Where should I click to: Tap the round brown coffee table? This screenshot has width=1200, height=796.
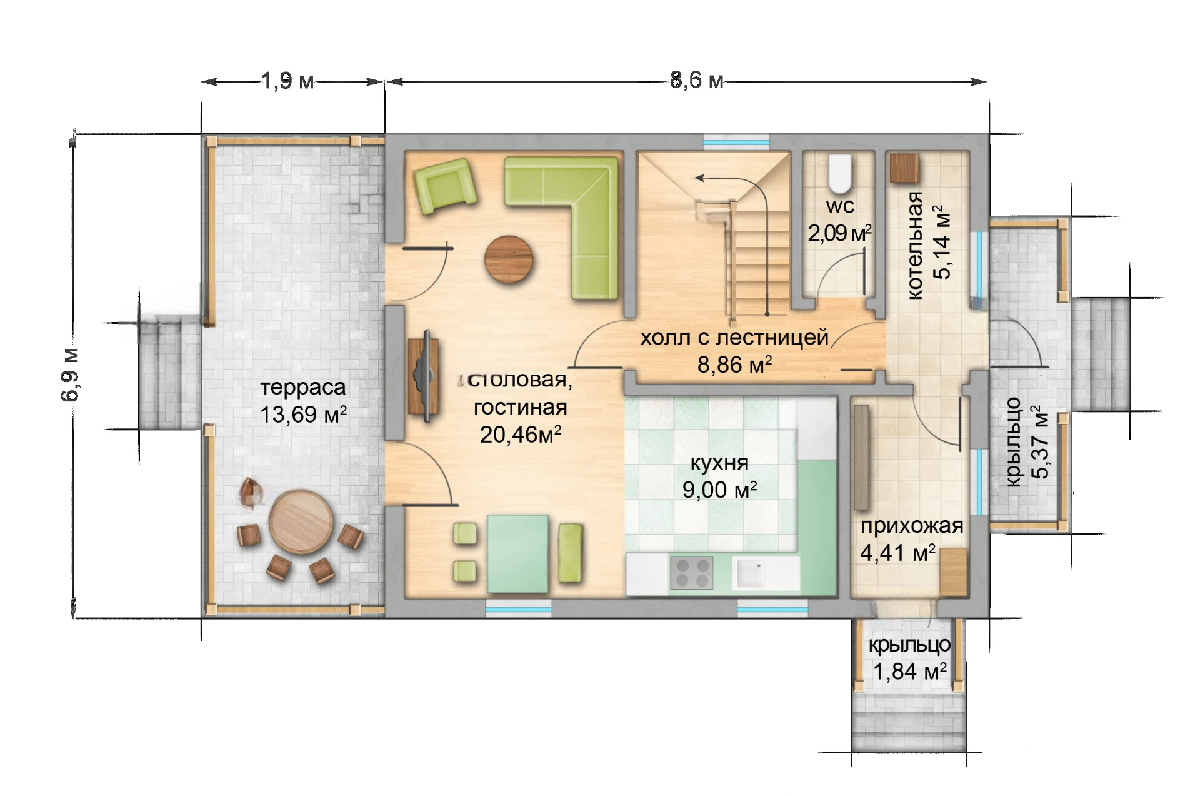click(x=509, y=259)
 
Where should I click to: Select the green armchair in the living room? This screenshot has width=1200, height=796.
click(x=445, y=186)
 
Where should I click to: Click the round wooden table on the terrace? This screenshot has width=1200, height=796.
click(x=301, y=521)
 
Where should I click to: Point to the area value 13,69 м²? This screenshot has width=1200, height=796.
click(x=304, y=414)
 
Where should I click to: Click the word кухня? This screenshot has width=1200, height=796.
click(x=719, y=463)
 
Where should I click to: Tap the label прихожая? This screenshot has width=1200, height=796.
click(x=912, y=526)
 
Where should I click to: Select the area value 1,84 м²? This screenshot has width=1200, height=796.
click(x=910, y=672)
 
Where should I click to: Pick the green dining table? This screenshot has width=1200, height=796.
click(x=518, y=553)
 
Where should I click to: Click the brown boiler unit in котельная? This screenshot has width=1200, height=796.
click(x=904, y=168)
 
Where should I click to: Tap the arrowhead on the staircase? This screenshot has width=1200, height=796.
click(x=699, y=178)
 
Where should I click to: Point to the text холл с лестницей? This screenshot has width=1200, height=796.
click(x=734, y=338)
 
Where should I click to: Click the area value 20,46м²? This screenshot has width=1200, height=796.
click(x=521, y=435)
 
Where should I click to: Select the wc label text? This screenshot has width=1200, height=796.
click(x=840, y=206)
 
